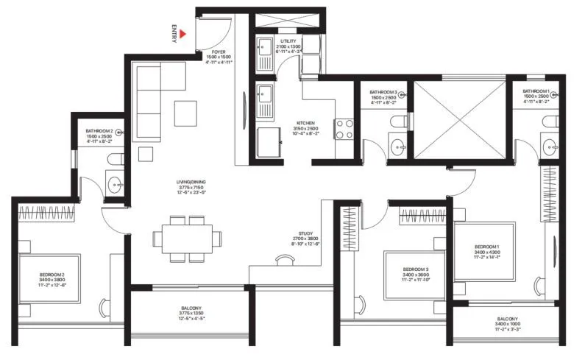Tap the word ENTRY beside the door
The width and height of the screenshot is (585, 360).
[x=174, y=34]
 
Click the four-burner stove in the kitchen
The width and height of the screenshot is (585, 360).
[x=344, y=129]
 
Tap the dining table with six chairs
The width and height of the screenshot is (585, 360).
[x=187, y=239]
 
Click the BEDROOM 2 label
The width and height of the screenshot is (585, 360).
[x=52, y=277]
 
